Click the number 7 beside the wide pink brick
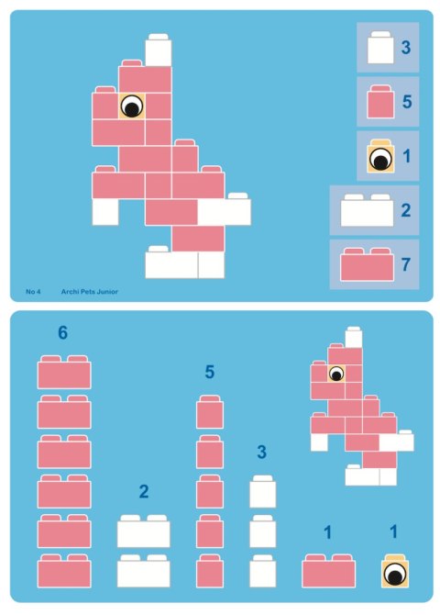(x=405, y=264)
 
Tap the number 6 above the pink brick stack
(x=62, y=333)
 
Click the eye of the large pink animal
(x=132, y=106)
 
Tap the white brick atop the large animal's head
(x=159, y=51)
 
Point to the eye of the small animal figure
(x=335, y=374)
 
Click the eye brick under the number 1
(x=395, y=573)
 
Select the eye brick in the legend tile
(x=379, y=158)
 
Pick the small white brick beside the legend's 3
(x=379, y=48)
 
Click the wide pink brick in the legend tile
(x=367, y=264)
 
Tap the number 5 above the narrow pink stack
(x=210, y=372)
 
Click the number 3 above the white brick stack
(x=262, y=452)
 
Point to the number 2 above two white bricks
(x=144, y=492)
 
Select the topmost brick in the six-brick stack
(x=64, y=373)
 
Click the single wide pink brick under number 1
(x=329, y=571)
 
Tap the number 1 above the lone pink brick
(x=328, y=531)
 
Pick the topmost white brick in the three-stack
(x=263, y=492)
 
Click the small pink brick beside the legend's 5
(x=379, y=102)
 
